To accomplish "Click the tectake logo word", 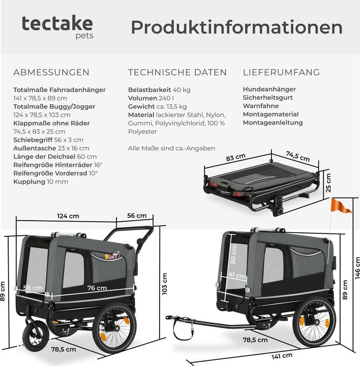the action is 57,23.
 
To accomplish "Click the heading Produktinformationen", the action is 236,27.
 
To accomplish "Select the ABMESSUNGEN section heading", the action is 51,72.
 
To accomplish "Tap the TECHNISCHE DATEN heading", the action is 177,72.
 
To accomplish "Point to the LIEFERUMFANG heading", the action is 281,72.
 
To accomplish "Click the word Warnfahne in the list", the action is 261,106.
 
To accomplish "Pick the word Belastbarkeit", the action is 149,90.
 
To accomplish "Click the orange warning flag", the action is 341,206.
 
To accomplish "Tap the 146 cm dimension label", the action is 357,268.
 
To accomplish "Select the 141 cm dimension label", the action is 282,356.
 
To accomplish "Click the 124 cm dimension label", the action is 68,216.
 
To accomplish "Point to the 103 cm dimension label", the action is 165,284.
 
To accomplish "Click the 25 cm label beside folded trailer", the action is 328,183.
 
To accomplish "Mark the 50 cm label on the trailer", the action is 233,254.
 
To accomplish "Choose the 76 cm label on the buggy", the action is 97,288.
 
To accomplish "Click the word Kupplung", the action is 29,182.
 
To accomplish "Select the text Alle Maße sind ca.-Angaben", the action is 171,148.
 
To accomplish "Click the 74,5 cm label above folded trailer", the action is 298,156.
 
